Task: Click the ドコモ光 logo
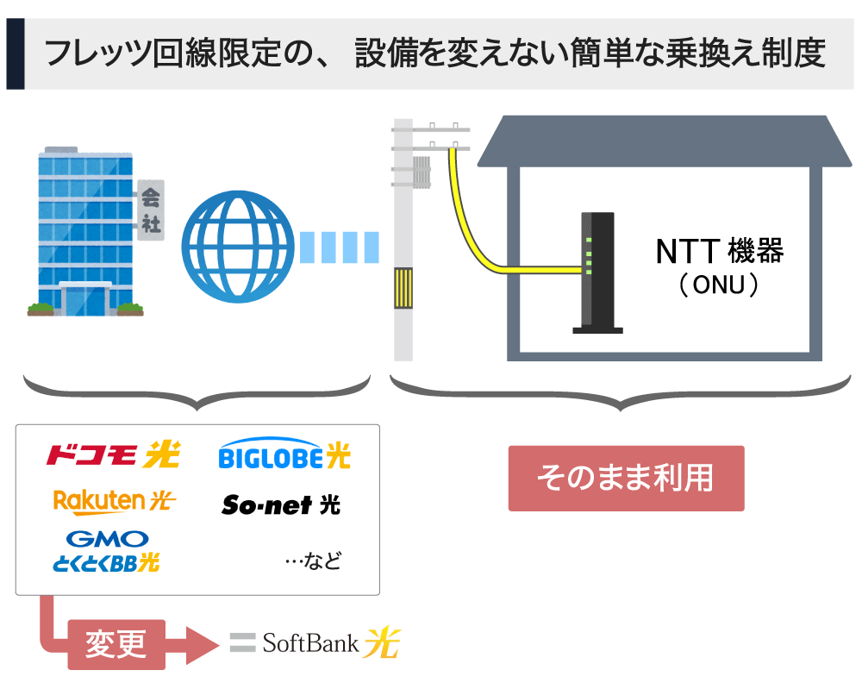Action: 112,454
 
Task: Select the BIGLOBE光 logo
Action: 284,454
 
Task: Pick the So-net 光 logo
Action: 281,504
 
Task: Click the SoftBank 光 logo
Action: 315,642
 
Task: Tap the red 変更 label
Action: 116,643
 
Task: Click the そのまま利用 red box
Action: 625,478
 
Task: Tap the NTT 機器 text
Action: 719,252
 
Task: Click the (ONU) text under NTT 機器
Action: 719,285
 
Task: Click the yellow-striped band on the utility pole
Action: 403,288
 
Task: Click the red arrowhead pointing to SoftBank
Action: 200,644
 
